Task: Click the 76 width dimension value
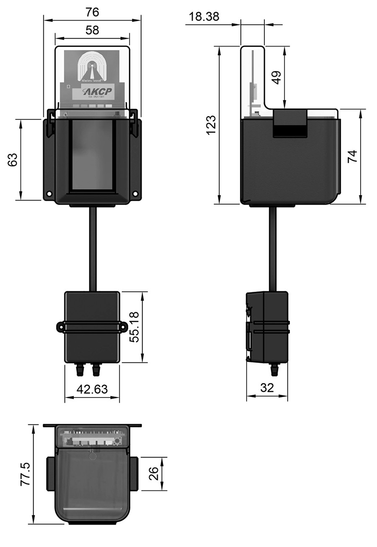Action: (92, 11)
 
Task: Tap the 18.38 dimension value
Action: (204, 17)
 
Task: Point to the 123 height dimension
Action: (211, 125)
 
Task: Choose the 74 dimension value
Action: (352, 156)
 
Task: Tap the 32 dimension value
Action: (267, 388)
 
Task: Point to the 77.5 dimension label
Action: (25, 475)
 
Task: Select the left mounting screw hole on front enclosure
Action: (49, 194)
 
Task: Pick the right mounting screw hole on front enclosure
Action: (135, 194)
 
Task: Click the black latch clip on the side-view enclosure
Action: (289, 124)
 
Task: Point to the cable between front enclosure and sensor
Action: (93, 248)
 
